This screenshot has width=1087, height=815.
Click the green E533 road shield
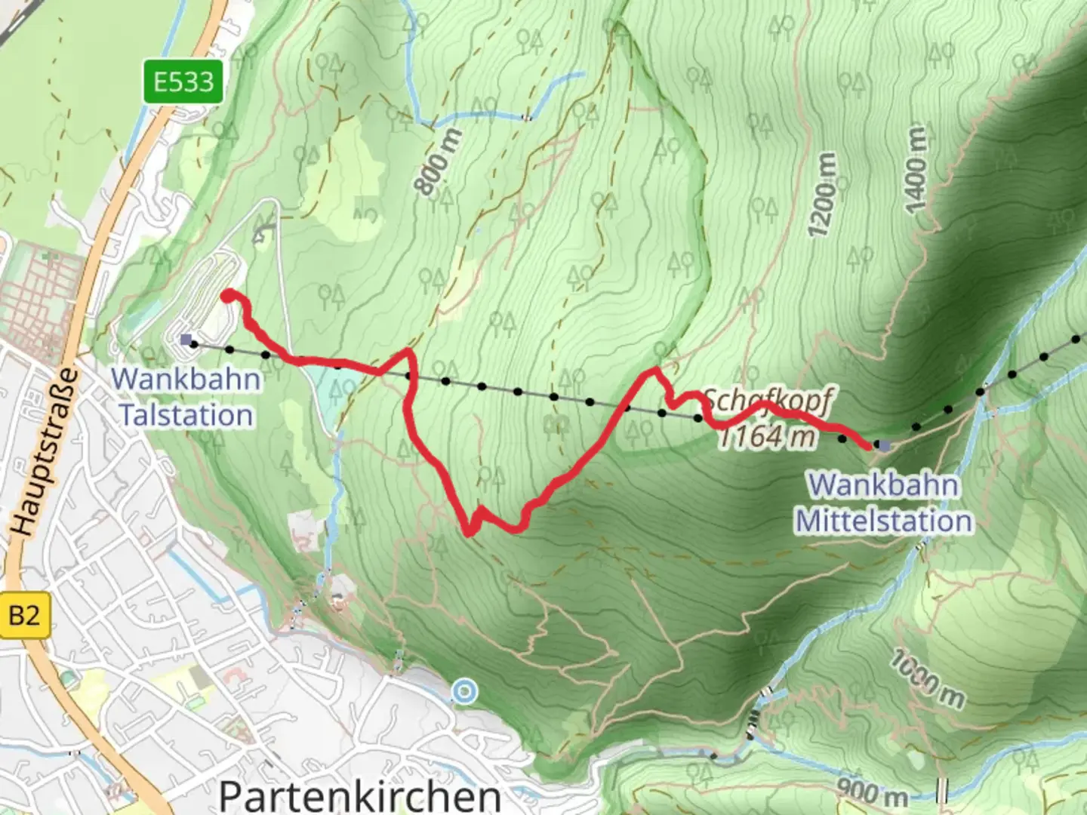point(184,81)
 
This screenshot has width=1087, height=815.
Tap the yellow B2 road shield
point(24,616)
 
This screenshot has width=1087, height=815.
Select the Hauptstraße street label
point(47,453)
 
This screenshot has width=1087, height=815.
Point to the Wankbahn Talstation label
point(186,397)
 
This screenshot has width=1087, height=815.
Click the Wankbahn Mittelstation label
point(884,503)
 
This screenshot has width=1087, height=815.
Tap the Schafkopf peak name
point(767,401)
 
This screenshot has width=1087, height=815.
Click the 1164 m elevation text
point(767,437)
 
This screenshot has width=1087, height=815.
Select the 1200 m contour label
point(822,195)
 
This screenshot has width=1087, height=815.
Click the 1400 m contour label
point(915,170)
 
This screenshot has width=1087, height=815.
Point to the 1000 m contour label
point(927,679)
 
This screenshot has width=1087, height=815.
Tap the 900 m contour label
point(873,792)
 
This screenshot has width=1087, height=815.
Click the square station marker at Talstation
point(186,340)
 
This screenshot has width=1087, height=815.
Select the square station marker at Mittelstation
point(885,446)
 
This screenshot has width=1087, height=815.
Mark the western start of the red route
point(227,296)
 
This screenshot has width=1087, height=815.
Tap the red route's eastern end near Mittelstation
point(867,445)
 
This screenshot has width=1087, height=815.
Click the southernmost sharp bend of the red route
point(469,533)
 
